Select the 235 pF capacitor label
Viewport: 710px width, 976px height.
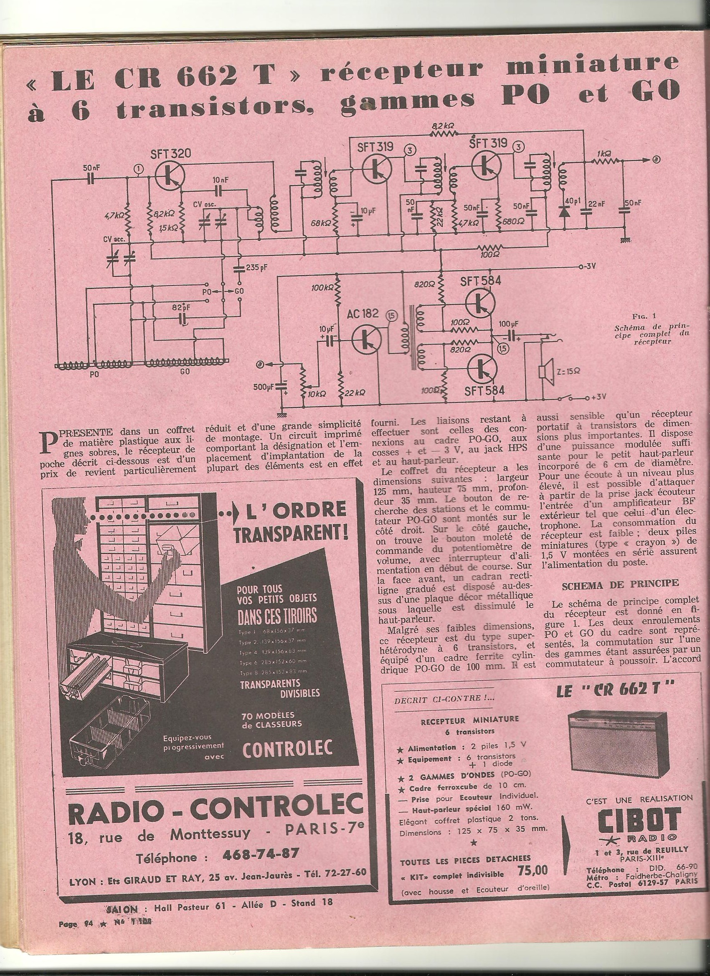256,267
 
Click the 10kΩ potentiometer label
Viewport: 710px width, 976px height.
317,393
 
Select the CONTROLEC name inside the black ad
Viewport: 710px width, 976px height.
287,748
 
